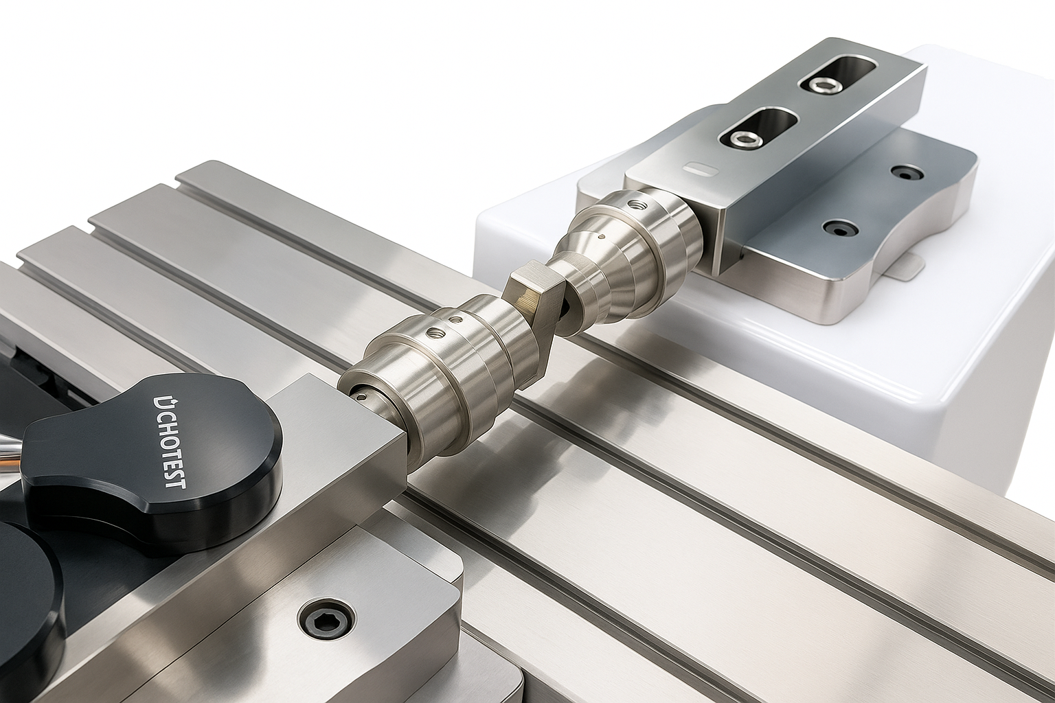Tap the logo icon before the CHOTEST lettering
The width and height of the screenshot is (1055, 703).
coord(159,402)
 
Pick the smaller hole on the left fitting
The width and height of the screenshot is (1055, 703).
coord(454,320)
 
